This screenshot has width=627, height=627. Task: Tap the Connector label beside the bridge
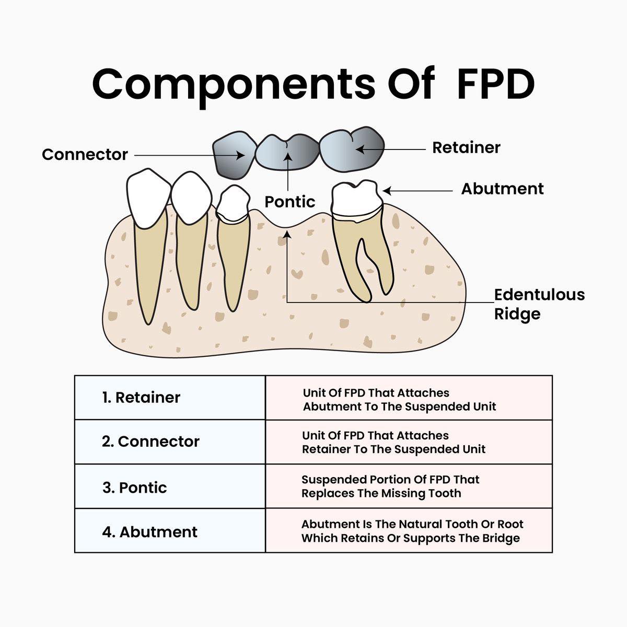pos(85,155)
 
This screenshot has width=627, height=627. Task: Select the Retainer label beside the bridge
pos(466,148)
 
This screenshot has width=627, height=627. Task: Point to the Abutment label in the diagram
pos(502,189)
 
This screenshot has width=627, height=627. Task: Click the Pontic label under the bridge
pos(289,202)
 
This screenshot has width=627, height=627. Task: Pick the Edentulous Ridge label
pos(539,304)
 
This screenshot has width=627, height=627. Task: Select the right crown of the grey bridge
pos(351,147)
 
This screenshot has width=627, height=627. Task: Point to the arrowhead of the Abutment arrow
pos(386,191)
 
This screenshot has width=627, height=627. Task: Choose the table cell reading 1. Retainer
pos(170,398)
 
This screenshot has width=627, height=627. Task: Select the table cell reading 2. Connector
pos(170,442)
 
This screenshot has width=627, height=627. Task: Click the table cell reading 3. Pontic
pos(170,487)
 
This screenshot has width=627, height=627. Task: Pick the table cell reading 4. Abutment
pos(170,532)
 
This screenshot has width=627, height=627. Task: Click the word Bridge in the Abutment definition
pos(501,538)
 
